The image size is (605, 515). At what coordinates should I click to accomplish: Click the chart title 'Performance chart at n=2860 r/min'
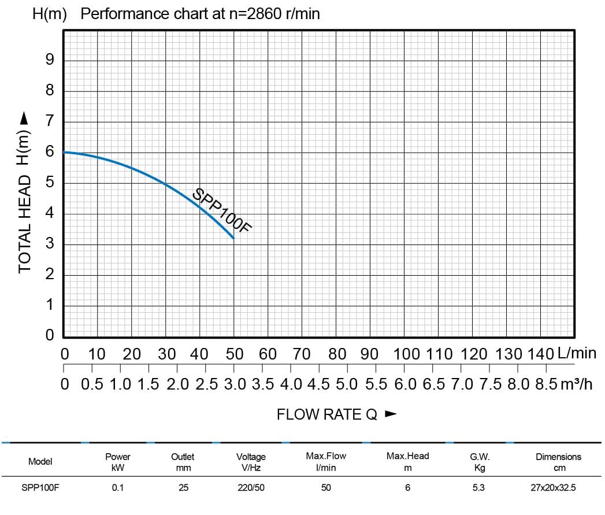[200, 14]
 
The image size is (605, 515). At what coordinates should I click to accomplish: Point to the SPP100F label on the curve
[222, 210]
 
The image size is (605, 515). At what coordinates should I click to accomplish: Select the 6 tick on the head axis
[50, 152]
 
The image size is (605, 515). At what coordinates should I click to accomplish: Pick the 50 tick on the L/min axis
[234, 354]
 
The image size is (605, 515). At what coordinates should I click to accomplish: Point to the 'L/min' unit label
[577, 353]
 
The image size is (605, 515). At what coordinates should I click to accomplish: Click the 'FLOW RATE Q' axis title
[327, 414]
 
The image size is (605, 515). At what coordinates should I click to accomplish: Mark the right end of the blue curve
[233, 238]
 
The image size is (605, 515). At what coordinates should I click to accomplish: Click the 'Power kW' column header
[118, 462]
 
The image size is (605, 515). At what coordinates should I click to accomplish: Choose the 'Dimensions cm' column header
[559, 462]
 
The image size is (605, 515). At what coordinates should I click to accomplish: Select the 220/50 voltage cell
[251, 488]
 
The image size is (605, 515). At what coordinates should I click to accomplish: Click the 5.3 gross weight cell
[478, 488]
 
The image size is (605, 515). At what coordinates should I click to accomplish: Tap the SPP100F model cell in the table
[40, 488]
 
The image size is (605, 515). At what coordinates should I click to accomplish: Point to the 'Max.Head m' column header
[408, 462]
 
